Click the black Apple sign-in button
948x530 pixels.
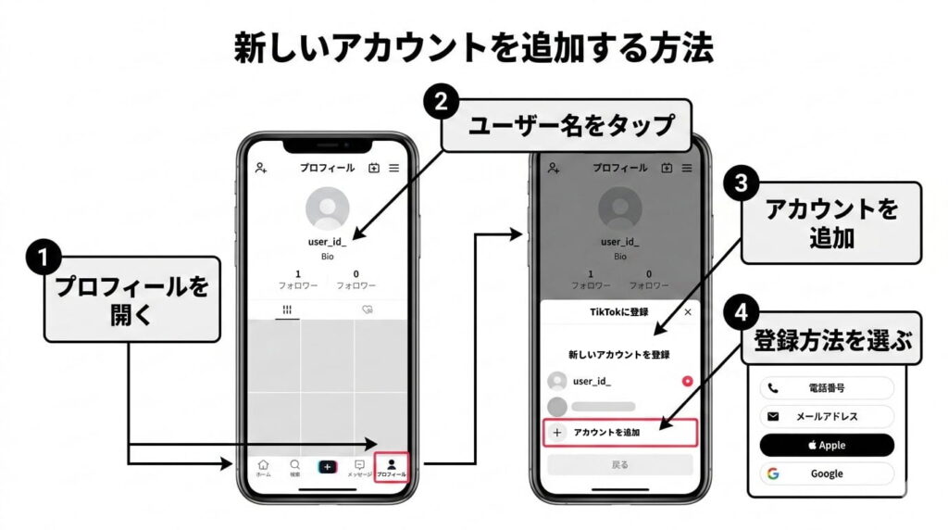(827, 445)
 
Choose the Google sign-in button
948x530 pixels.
(827, 473)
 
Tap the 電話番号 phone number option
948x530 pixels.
(827, 388)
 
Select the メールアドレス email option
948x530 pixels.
(827, 416)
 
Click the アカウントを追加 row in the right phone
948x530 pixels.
(618, 432)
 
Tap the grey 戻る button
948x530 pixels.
(619, 464)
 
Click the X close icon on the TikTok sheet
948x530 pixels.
(687, 313)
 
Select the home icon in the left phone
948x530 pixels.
(264, 467)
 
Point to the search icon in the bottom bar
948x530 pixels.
(295, 467)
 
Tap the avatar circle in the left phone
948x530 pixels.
(328, 209)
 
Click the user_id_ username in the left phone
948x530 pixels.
(328, 242)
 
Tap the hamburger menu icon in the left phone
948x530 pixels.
(393, 168)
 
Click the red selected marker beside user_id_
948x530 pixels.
(688, 381)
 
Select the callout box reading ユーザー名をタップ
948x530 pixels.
(567, 125)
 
